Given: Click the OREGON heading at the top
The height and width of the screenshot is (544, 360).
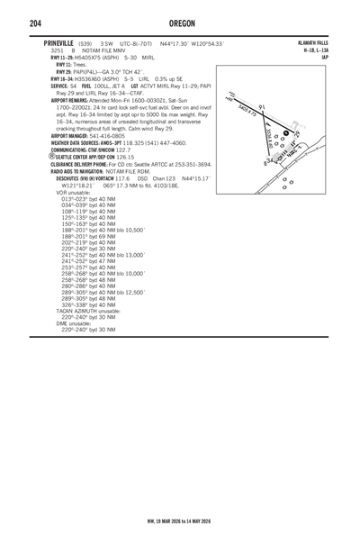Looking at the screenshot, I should point(180,23).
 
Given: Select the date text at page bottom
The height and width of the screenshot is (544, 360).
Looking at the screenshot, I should point(180,521).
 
